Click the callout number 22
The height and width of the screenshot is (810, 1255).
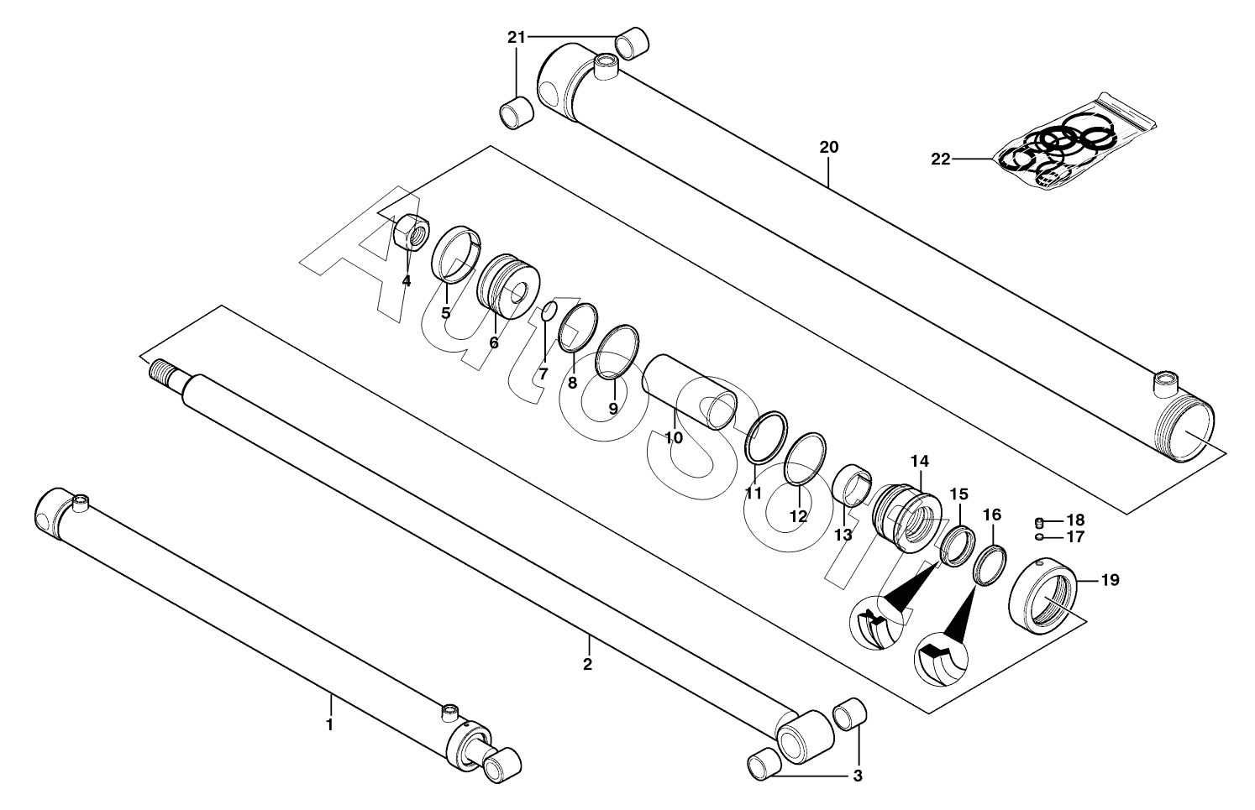(940, 159)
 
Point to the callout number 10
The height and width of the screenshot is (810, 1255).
(674, 437)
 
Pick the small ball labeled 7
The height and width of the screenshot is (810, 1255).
(546, 311)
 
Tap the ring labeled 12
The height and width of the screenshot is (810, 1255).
(805, 460)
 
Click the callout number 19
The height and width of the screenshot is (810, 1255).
(1110, 580)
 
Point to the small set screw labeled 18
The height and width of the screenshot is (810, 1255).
(1039, 520)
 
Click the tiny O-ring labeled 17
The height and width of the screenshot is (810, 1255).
(1039, 536)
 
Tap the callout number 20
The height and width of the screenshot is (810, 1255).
(828, 148)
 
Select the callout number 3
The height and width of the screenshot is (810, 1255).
(857, 776)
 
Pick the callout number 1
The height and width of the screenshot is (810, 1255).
(329, 724)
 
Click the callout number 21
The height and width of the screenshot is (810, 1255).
(516, 37)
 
